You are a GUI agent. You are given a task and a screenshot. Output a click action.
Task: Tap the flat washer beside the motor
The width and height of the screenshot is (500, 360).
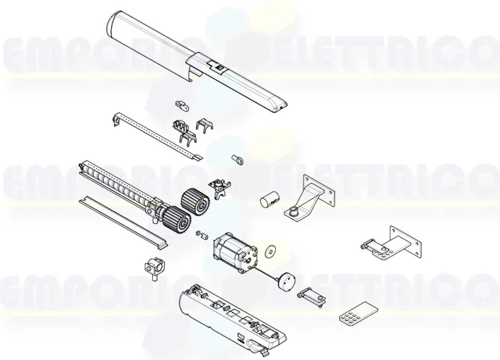[272, 252]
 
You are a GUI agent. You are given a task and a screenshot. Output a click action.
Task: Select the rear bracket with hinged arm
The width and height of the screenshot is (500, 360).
[389, 243]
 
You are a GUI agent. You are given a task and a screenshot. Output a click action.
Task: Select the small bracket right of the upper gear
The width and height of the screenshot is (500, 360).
[217, 187]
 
